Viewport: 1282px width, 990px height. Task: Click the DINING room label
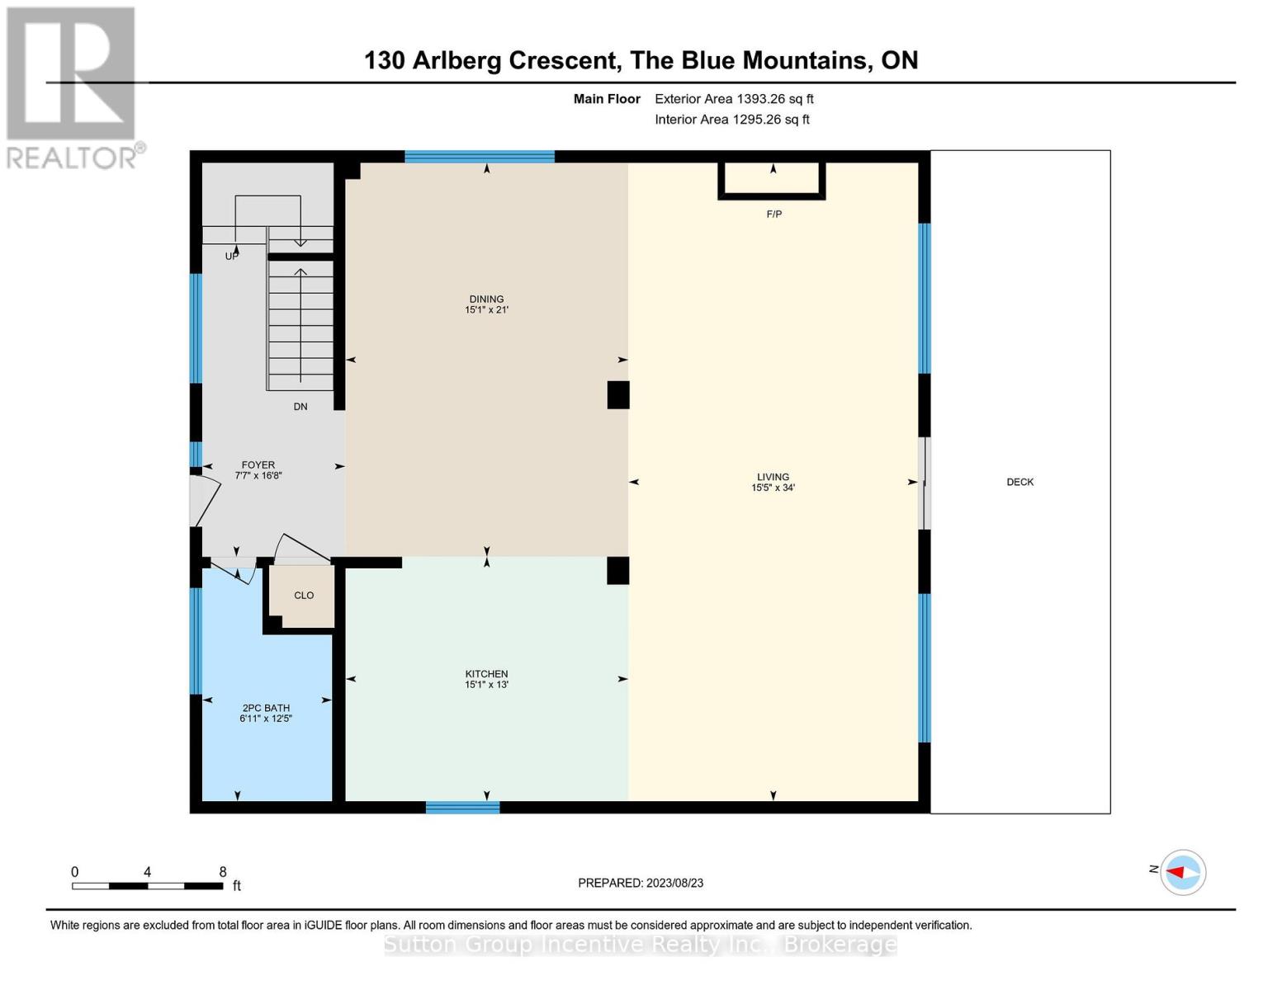coord(486,299)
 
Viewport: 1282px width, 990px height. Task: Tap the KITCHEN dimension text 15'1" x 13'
coord(486,685)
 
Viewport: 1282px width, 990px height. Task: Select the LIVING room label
coord(773,477)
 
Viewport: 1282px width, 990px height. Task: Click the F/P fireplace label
coord(773,214)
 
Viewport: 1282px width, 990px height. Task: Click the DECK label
coord(1019,482)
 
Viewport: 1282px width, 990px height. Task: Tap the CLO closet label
coord(304,596)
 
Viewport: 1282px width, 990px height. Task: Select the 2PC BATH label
coord(266,708)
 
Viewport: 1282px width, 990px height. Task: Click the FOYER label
coord(258,465)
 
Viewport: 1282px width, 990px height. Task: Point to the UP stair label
coord(232,257)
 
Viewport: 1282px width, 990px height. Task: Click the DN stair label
coord(300,407)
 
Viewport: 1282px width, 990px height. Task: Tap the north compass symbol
coord(1183,872)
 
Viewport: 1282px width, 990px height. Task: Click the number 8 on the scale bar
coord(223,872)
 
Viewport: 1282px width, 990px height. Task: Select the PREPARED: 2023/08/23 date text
coord(641,883)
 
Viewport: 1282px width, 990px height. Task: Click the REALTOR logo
coord(73,87)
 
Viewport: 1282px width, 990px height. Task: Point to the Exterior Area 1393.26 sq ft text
coord(734,99)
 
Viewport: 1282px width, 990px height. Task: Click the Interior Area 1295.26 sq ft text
coord(732,120)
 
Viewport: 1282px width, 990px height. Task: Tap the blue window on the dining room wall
coord(479,157)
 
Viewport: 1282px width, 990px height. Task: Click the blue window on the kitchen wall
coord(462,807)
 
